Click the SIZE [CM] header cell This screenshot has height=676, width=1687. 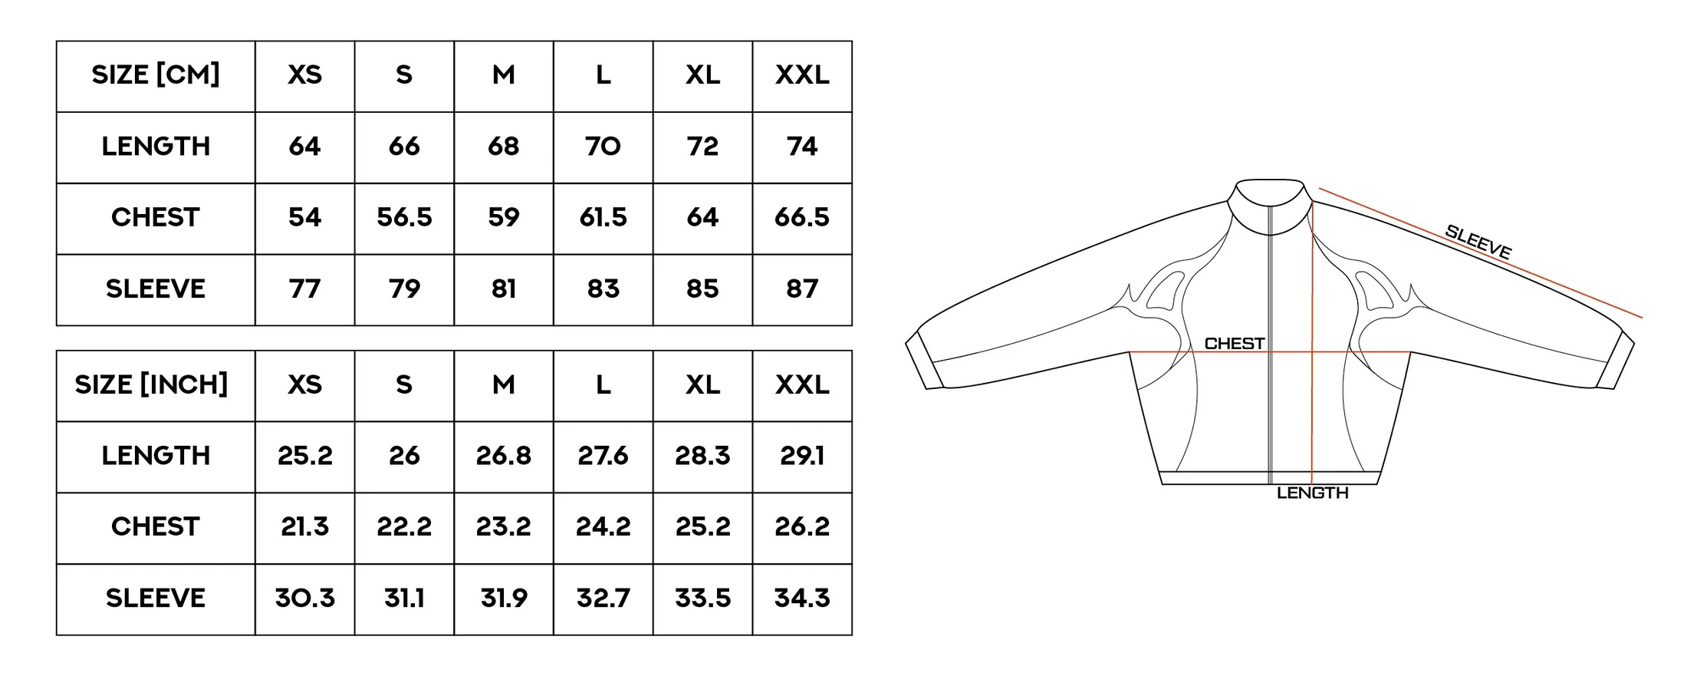click(x=156, y=75)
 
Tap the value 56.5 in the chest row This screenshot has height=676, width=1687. click(x=404, y=218)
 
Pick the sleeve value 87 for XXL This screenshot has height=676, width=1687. click(x=802, y=289)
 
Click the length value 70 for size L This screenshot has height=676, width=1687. click(x=603, y=147)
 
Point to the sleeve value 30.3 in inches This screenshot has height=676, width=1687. click(x=304, y=599)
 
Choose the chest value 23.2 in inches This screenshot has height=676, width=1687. click(x=503, y=527)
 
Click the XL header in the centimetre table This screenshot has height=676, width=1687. click(x=702, y=75)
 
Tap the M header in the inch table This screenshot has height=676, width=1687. click(x=503, y=385)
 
